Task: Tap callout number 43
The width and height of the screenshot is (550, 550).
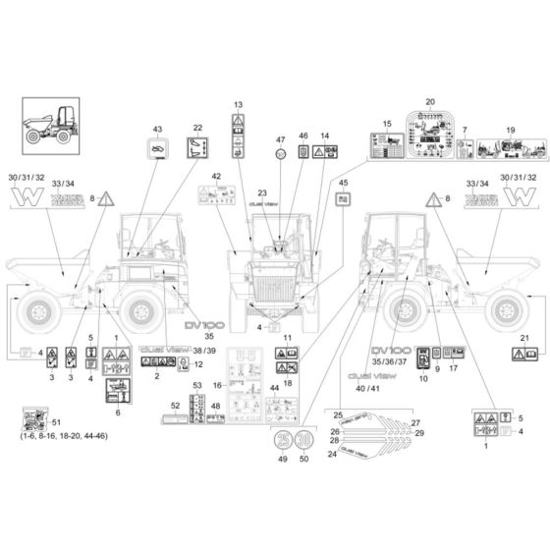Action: point(155,129)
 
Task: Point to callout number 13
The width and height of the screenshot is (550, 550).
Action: point(238,104)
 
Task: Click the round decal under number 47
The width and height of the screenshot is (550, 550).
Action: point(280,155)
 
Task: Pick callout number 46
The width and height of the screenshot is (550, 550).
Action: point(302,136)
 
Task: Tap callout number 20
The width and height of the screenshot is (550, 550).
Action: point(428,103)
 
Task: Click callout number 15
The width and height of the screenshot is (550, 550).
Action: point(387,123)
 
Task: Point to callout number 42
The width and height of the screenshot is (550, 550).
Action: point(216,176)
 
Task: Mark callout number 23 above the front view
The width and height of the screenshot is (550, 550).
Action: point(262,192)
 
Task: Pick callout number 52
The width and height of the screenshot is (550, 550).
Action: point(175,405)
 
